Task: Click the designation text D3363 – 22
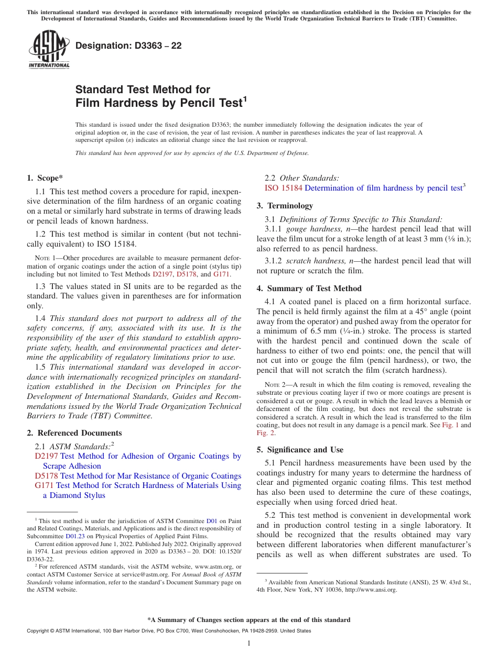point(128,46)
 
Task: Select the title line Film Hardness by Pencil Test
point(159,103)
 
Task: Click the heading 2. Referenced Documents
point(74,433)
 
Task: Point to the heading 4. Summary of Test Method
point(313,288)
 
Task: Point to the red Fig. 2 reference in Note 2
point(265,433)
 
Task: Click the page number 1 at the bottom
point(249,643)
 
